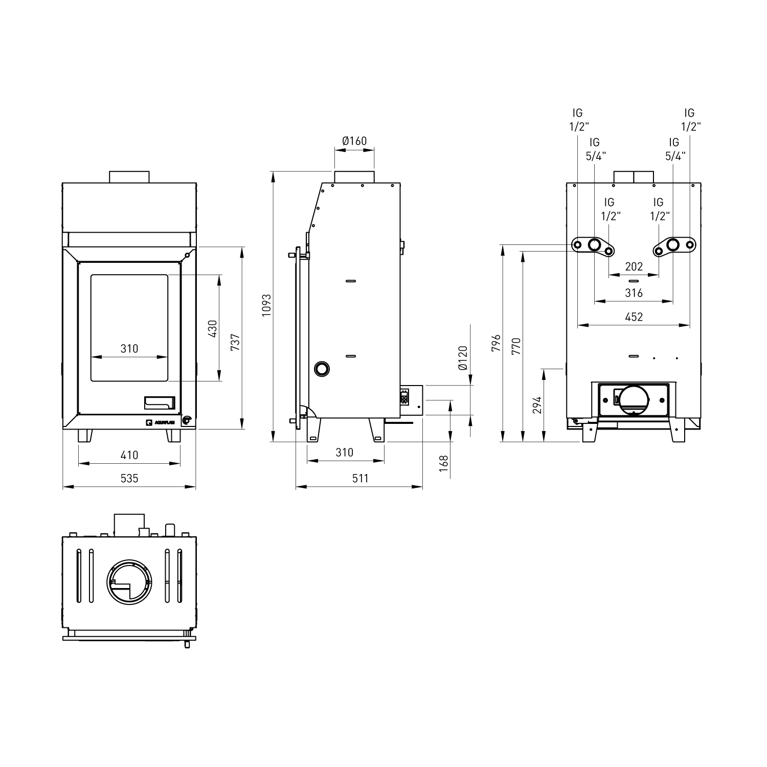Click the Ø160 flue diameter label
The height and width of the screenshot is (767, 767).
click(354, 141)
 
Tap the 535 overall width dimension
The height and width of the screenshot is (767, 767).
click(129, 478)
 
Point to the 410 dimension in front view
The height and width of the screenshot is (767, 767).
click(129, 455)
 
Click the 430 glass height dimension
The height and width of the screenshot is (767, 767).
click(213, 328)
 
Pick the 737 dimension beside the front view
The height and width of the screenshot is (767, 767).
click(235, 342)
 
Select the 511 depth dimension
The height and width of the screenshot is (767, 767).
click(360, 478)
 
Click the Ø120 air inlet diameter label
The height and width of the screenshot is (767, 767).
click(463, 358)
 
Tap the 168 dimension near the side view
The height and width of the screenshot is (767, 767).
click(443, 463)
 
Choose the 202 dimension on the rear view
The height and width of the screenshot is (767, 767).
click(634, 266)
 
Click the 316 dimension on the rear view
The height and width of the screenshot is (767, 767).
click(634, 293)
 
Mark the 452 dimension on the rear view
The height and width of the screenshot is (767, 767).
click(634, 317)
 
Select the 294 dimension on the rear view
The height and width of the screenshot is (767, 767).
click(536, 405)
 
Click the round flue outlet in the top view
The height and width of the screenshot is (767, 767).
click(129, 582)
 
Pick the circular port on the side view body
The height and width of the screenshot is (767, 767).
click(322, 368)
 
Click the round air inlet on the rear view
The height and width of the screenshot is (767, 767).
click(634, 400)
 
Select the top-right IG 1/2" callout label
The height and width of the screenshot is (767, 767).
click(689, 120)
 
